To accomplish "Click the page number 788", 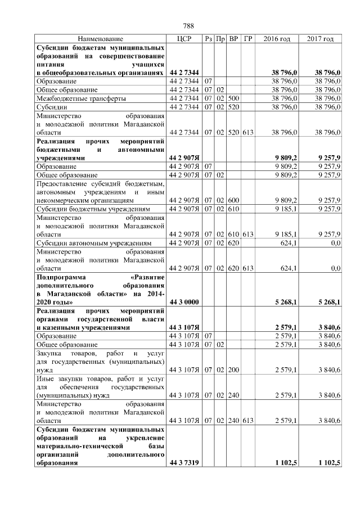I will coord(188,26).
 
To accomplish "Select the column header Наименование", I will coord(100,39).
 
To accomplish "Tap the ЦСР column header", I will coord(184,39).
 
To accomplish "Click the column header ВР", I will coord(233,39).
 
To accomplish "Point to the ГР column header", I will coord(247,39).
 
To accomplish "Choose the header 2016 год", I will coord(277,39).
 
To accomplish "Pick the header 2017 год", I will coord(321,39).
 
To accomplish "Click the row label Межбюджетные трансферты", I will coord(73,97).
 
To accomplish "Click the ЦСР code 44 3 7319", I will coord(184,462).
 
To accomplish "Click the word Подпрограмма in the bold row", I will coord(59,277).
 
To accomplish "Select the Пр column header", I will coord(220,39).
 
